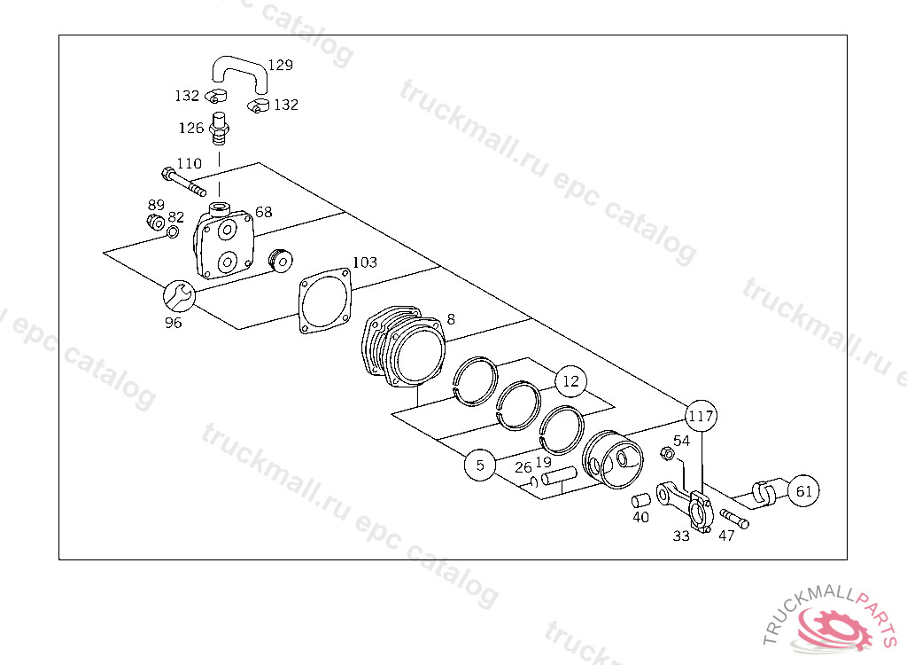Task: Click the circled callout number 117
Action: pos(701,415)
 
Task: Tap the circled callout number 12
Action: pos(570,381)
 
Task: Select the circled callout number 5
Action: pos(480,465)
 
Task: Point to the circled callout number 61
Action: pos(803,490)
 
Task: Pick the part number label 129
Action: pos(280,65)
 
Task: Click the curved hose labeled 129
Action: pos(238,70)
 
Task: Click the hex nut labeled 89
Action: pos(155,221)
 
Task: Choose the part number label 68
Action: pos(264,212)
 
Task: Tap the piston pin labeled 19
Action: pos(558,477)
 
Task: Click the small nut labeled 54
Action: pos(669,455)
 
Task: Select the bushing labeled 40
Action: pos(640,501)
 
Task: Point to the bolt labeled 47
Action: pos(733,519)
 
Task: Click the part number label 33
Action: pos(680,536)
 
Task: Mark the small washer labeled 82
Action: pos(173,232)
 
